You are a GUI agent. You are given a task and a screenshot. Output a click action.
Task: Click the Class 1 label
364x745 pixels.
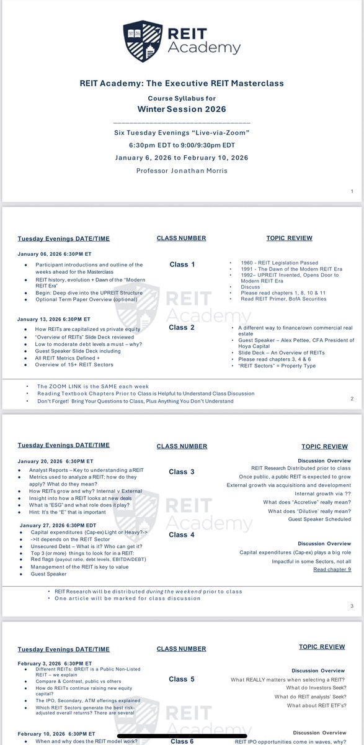[x=182, y=264]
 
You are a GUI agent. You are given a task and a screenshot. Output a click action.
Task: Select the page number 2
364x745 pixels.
[x=352, y=399]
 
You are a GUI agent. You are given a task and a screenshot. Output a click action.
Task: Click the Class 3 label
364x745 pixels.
[x=182, y=472]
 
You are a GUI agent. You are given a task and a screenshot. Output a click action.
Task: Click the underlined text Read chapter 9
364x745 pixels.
[x=332, y=569]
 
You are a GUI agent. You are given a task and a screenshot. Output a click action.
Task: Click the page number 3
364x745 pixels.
[x=352, y=606]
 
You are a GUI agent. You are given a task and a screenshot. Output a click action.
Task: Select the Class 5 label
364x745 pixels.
[x=182, y=679]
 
